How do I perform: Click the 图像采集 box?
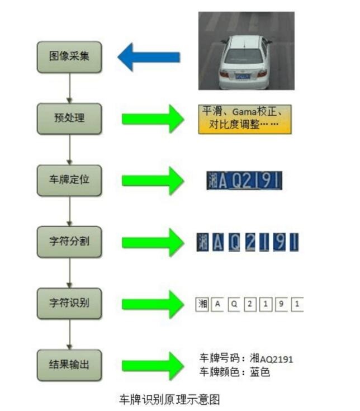tap(69, 56)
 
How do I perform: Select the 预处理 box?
tap(69, 119)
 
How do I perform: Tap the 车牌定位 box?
tap(69, 180)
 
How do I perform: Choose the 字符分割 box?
tap(69, 242)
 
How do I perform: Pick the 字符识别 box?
tap(69, 304)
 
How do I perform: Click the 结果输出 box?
tap(69, 366)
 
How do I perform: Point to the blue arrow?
tap(149, 57)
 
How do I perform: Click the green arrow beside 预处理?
tap(153, 119)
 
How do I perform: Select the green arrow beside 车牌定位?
tap(153, 180)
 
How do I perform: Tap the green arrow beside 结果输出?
tap(153, 366)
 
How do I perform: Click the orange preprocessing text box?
tap(245, 119)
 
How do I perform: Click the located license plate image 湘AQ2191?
tap(244, 180)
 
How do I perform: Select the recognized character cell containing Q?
tap(234, 304)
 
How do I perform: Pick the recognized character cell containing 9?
tap(282, 304)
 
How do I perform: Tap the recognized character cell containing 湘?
tap(202, 304)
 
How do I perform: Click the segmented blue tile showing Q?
tap(235, 242)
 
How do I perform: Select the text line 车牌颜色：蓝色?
tap(235, 371)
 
